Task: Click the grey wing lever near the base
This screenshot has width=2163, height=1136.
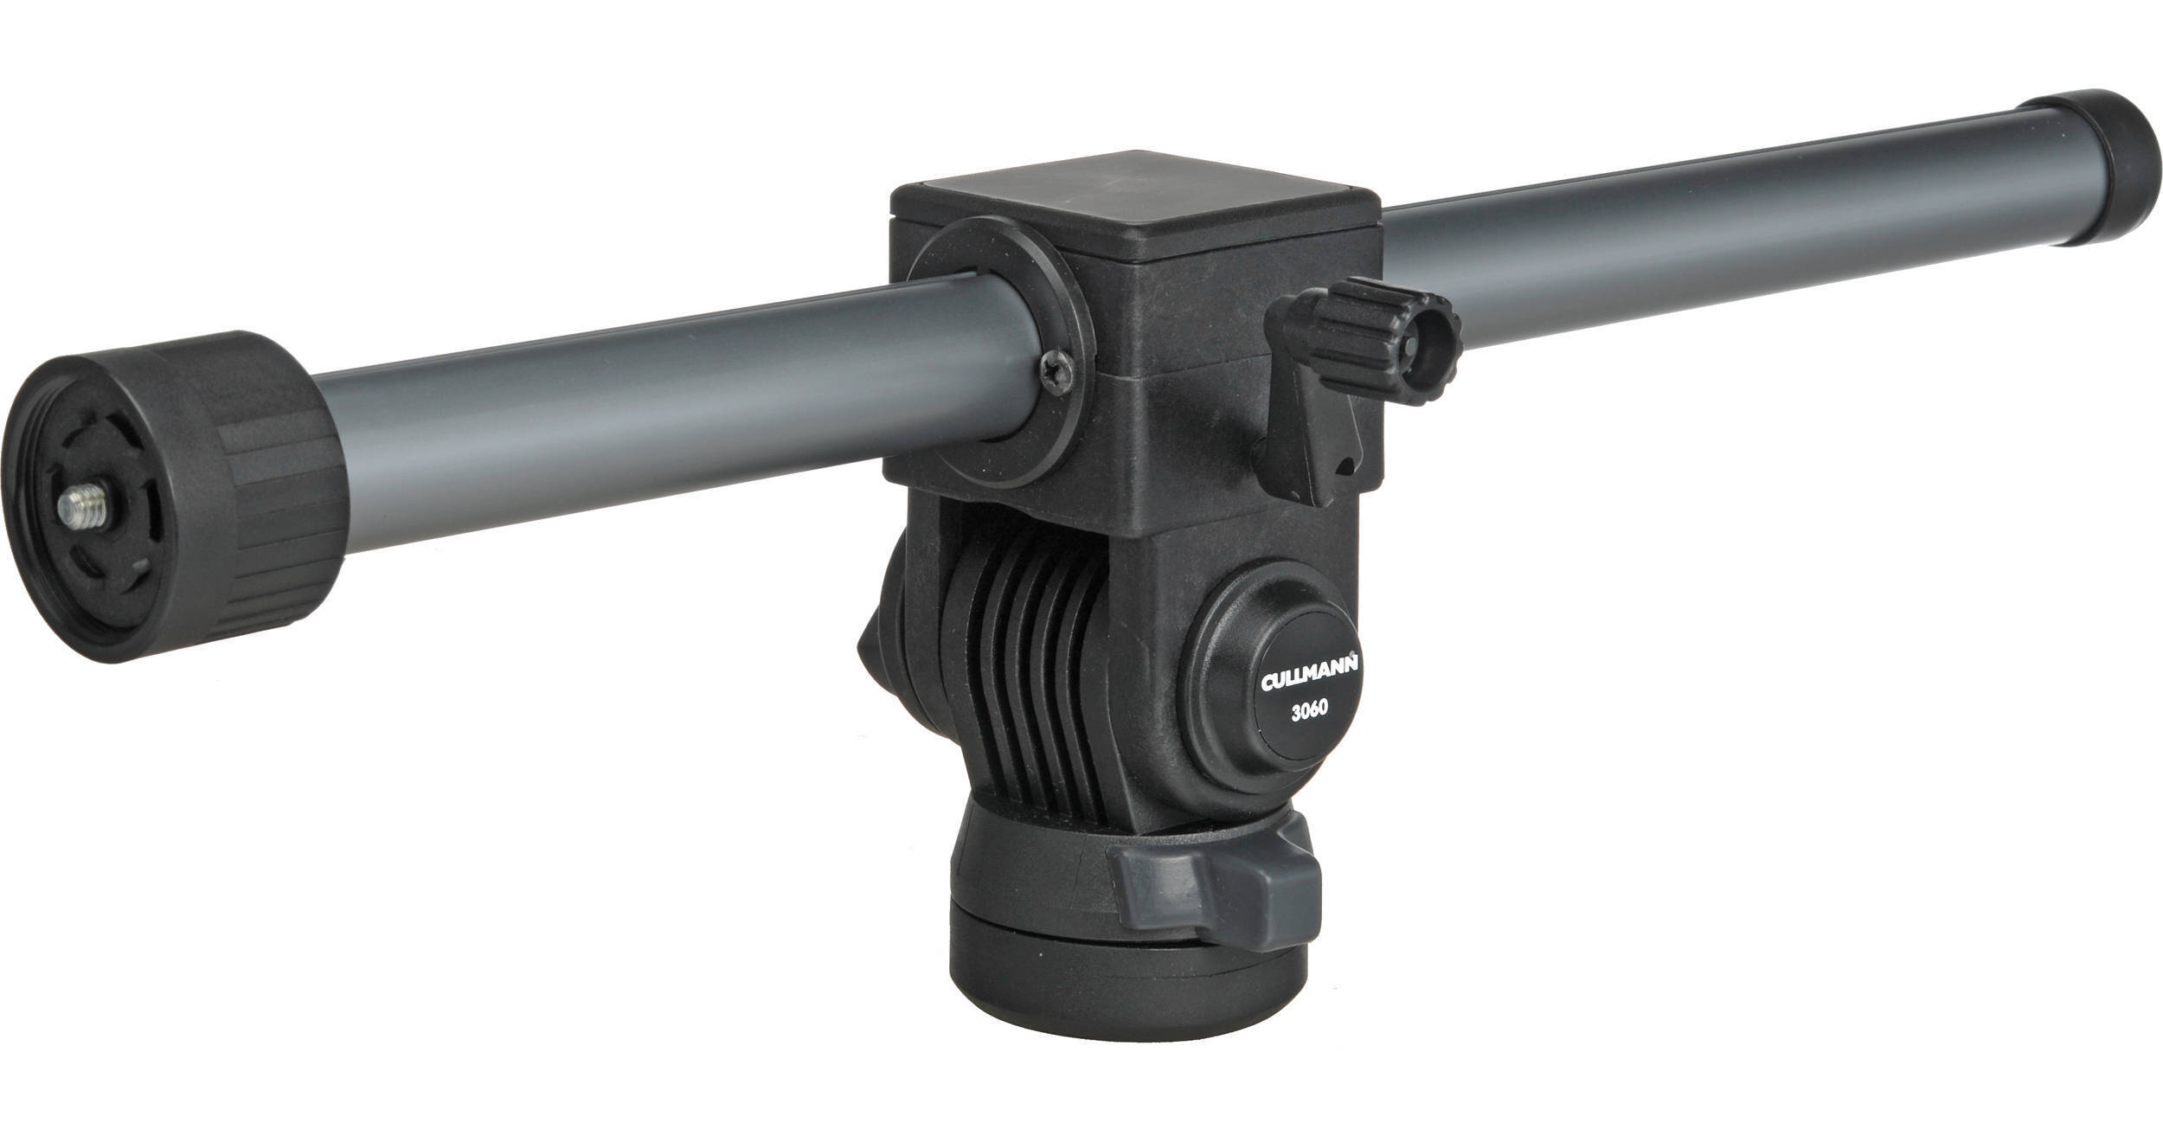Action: [1211, 882]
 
